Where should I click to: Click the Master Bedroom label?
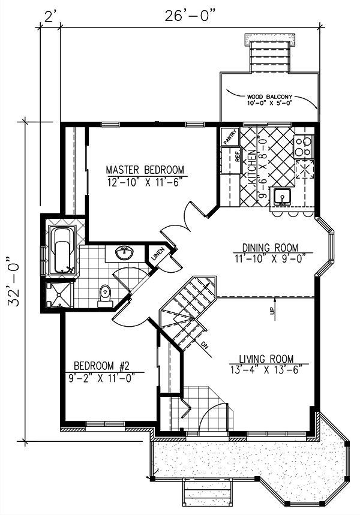click(145, 169)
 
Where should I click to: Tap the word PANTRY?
click(230, 137)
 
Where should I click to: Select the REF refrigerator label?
click(238, 156)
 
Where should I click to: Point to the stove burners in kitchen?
click(303, 144)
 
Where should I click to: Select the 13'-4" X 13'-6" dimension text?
click(265, 368)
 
